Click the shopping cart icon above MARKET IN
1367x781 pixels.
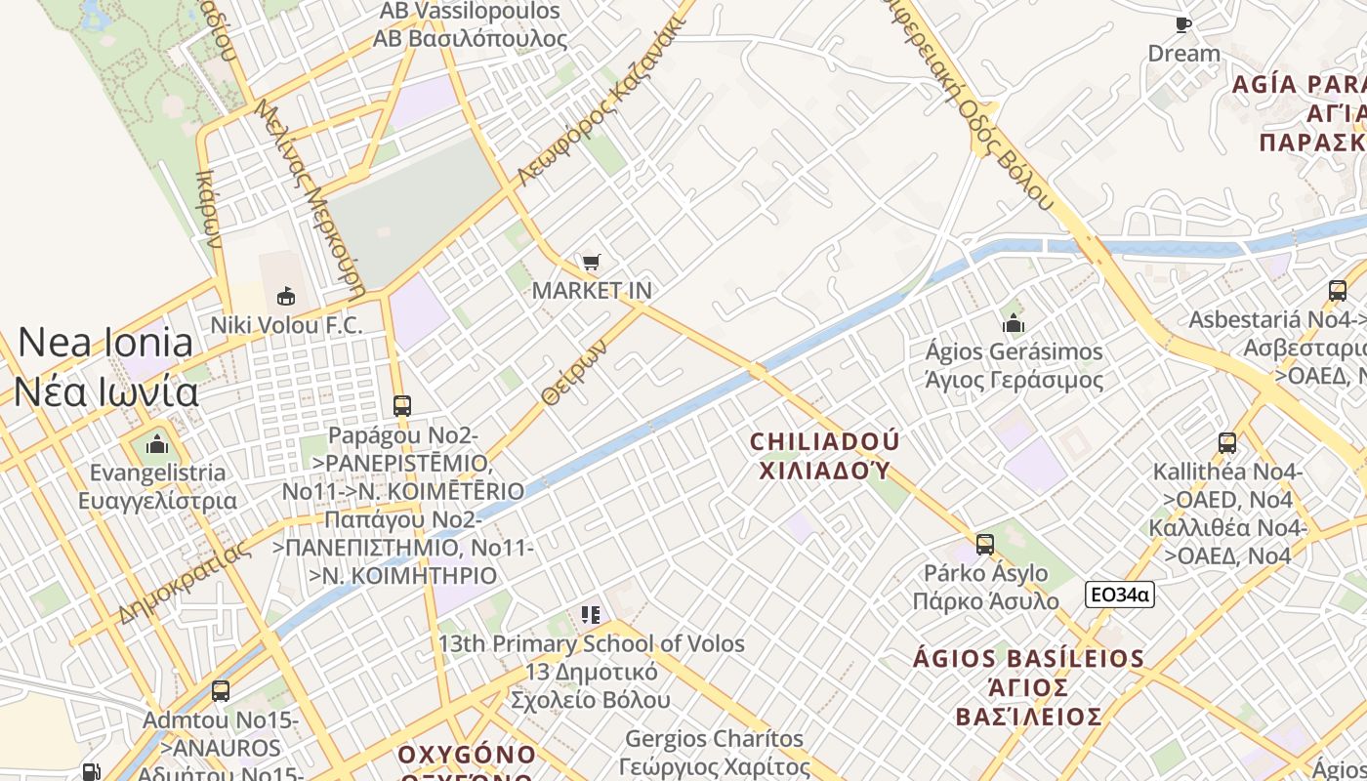pos(591,262)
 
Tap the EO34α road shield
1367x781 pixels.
pos(1119,594)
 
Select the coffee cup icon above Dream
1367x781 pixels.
pos(1183,24)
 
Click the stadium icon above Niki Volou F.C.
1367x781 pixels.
pos(286,295)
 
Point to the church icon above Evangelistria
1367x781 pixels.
pos(157,445)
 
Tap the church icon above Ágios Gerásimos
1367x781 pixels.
pos(1014,322)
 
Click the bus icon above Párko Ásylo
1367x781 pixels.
pos(985,544)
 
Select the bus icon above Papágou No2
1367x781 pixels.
pos(401,405)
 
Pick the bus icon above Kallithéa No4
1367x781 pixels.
pos(1227,442)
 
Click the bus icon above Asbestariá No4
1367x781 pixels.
pos(1338,290)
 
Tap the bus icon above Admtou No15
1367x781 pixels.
pos(221,691)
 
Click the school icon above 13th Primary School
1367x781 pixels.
pos(590,614)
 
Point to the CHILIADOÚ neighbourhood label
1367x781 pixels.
pos(825,442)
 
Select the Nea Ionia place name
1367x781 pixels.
pos(105,343)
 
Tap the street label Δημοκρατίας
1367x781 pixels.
pos(183,582)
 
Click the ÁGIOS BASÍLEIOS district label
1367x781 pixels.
pos(1028,658)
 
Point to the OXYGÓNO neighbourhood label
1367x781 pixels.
pos(467,755)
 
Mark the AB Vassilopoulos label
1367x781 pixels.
pos(470,12)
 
